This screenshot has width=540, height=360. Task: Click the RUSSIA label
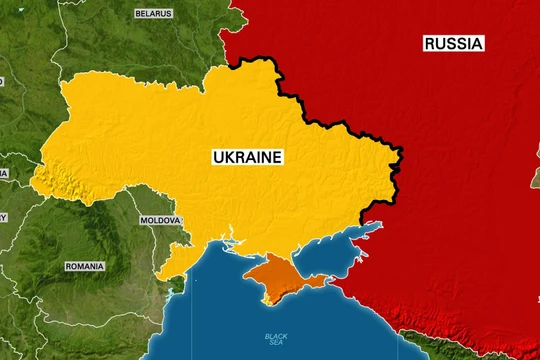(x=453, y=43)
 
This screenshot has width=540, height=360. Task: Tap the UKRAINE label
(x=247, y=157)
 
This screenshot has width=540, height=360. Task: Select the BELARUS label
(x=153, y=13)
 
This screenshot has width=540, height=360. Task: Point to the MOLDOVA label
(x=160, y=220)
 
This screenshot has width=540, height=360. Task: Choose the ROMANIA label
(x=84, y=267)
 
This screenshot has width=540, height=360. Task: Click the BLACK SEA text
(x=276, y=341)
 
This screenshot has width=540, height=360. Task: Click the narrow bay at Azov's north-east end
(x=374, y=227)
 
